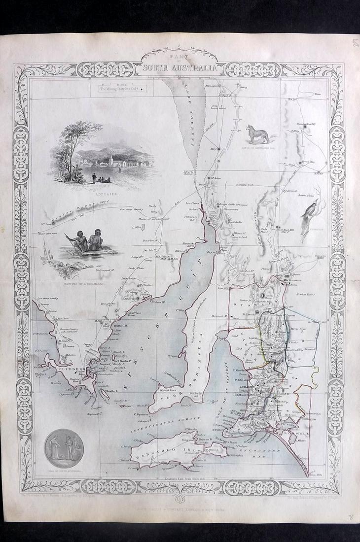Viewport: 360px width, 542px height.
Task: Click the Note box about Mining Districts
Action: click(121, 89)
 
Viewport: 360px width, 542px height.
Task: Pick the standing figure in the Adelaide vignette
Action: click(94, 176)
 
